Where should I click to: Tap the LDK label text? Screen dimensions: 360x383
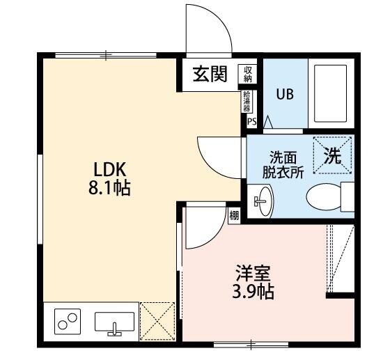pyautogui.click(x=109, y=169)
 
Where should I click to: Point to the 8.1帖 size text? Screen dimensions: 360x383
pyautogui.click(x=109, y=187)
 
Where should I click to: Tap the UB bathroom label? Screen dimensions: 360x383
pyautogui.click(x=284, y=94)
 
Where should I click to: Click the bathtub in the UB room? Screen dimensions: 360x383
pyautogui.click(x=331, y=94)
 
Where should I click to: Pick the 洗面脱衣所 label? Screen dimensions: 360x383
pyautogui.click(x=282, y=165)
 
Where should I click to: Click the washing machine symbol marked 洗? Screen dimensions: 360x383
pyautogui.click(x=333, y=155)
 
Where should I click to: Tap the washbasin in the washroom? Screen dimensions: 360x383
pyautogui.click(x=264, y=202)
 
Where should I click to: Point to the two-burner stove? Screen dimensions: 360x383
pyautogui.click(x=68, y=322)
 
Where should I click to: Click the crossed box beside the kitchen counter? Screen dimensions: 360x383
pyautogui.click(x=157, y=321)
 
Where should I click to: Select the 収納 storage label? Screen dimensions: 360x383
pyautogui.click(x=248, y=73)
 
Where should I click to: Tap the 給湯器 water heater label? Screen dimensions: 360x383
pyautogui.click(x=247, y=102)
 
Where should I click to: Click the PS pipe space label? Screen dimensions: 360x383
pyautogui.click(x=251, y=122)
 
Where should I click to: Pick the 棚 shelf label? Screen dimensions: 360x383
pyautogui.click(x=233, y=215)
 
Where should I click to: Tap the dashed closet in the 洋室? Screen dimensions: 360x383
pyautogui.click(x=341, y=260)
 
